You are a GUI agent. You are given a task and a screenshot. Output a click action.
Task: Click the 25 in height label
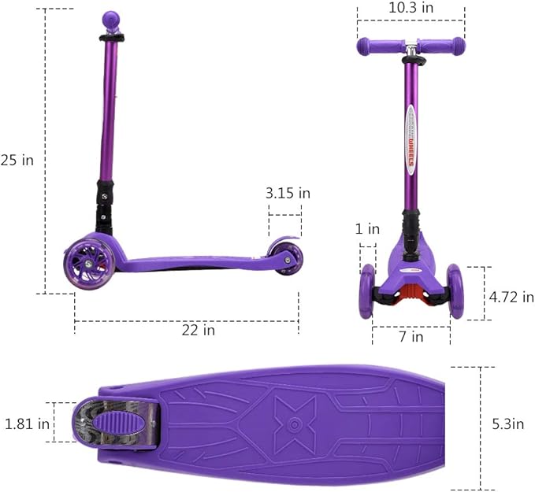coord(17,160)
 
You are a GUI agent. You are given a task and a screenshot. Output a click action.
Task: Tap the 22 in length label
coord(198,331)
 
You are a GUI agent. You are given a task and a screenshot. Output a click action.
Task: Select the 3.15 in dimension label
coord(288,193)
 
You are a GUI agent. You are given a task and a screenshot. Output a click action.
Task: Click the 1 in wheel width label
coord(367,230)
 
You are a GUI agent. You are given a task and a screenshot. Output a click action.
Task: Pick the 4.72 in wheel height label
coord(511,297)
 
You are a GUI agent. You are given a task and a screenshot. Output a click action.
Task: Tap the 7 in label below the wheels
coord(411,337)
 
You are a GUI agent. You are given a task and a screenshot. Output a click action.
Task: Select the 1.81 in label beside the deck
coord(28,424)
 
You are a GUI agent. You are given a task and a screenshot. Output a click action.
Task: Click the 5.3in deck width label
coord(508,424)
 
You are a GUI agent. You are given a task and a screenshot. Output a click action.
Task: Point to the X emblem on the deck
coord(295,424)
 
